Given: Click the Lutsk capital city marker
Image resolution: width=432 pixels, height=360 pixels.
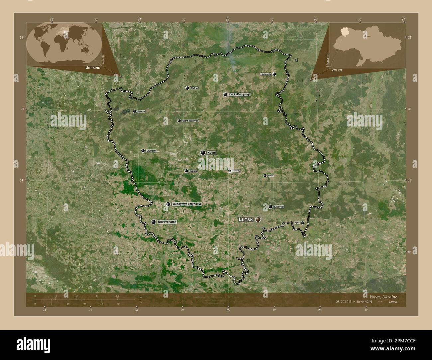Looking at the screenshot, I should (x=258, y=219).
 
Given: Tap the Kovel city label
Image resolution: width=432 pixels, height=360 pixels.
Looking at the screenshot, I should (x=212, y=152).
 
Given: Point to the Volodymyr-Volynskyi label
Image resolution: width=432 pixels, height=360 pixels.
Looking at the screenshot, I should (x=187, y=204).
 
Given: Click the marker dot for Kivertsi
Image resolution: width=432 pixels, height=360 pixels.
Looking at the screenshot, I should (x=270, y=207).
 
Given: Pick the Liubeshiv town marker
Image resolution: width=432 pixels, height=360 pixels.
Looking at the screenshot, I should (x=274, y=74).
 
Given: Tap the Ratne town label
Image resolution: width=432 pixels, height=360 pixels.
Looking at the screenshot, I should (x=194, y=88).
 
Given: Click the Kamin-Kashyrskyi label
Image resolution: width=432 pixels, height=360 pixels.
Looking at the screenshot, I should (x=239, y=94).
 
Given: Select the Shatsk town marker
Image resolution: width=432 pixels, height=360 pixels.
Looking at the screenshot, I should (x=135, y=112).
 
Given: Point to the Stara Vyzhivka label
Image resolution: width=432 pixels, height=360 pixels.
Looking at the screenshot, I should (x=190, y=121).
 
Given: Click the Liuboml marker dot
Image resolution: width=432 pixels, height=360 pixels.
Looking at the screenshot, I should (x=143, y=151).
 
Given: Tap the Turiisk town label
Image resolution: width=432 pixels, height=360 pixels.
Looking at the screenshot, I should (x=193, y=171).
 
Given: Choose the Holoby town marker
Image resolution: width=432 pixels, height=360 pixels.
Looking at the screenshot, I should (x=230, y=171).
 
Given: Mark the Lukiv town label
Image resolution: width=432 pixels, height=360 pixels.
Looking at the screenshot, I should (x=271, y=175).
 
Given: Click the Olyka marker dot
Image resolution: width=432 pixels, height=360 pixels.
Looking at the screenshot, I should (x=302, y=223).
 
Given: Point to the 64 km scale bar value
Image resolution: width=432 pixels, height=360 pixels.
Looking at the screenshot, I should (x=117, y=296).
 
